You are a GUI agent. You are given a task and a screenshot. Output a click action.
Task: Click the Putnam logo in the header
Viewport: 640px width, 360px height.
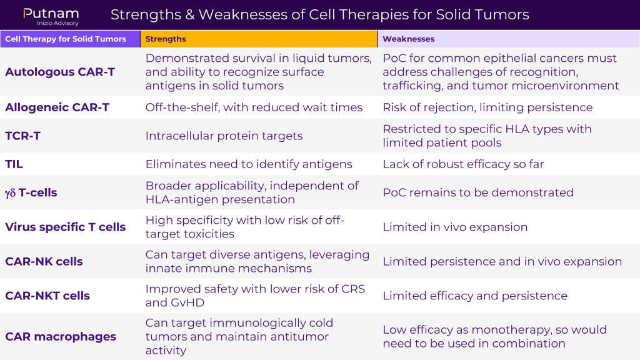[51, 17]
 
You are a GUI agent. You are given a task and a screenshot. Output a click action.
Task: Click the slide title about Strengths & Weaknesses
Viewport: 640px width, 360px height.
[319, 15]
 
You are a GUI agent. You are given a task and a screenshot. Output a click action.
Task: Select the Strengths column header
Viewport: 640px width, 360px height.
[165, 39]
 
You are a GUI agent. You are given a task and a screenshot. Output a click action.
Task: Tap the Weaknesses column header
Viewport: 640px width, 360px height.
[408, 39]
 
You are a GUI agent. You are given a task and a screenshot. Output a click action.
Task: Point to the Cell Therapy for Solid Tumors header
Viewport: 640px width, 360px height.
[65, 39]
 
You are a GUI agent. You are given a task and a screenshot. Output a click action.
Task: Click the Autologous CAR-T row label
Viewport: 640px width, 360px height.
[60, 72]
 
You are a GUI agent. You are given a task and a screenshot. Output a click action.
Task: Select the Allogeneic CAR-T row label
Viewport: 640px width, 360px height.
[57, 107]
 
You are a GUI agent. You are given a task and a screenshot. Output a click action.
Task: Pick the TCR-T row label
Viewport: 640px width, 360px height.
[23, 136]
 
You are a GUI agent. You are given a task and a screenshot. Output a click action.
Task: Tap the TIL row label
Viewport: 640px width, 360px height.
[14, 164]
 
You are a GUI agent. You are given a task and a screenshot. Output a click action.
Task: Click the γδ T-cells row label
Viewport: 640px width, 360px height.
[31, 192]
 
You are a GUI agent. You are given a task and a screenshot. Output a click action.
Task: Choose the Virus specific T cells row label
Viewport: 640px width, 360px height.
[65, 227]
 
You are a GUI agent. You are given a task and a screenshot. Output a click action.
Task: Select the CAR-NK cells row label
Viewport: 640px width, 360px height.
[44, 261]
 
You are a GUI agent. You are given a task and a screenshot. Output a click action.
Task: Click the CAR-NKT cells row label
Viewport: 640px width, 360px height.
[47, 296]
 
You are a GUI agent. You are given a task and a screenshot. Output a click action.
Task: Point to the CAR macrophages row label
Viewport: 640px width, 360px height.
[61, 337]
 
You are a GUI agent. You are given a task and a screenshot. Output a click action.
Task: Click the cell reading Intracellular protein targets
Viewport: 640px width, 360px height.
[224, 136]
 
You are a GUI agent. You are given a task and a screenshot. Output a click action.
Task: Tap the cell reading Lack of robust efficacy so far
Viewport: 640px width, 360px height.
[463, 164]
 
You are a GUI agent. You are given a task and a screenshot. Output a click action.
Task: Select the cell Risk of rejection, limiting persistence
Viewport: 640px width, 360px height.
[487, 107]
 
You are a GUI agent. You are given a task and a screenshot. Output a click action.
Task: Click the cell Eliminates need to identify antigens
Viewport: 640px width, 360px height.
[249, 164]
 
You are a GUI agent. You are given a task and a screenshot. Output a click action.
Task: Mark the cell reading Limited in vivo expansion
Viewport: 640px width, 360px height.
[455, 227]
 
